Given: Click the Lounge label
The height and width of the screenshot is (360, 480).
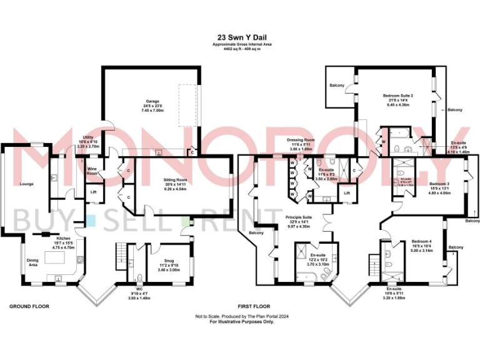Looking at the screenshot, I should pyautogui.click(x=26, y=184).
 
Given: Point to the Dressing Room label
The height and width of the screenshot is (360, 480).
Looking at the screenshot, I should pyautogui.click(x=301, y=139).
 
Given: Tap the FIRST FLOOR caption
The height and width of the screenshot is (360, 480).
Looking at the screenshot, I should pyautogui.click(x=254, y=307).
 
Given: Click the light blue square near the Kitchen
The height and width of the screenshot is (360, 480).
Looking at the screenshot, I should pyautogui.click(x=91, y=220).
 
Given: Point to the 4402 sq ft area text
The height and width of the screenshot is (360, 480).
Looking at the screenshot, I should pyautogui.click(x=240, y=49).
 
